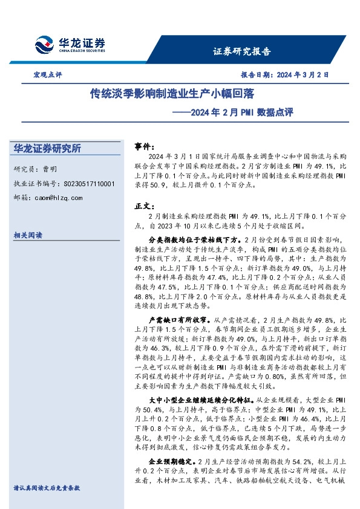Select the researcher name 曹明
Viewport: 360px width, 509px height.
click(x=50, y=169)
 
